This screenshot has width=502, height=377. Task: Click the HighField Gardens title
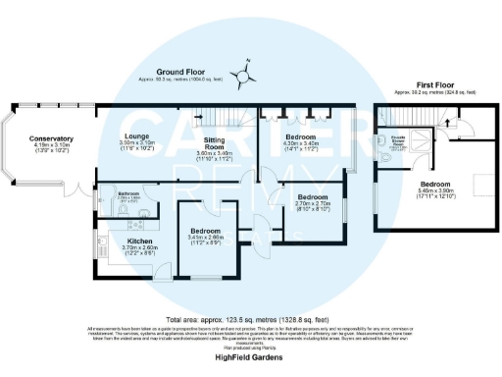[250, 358]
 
